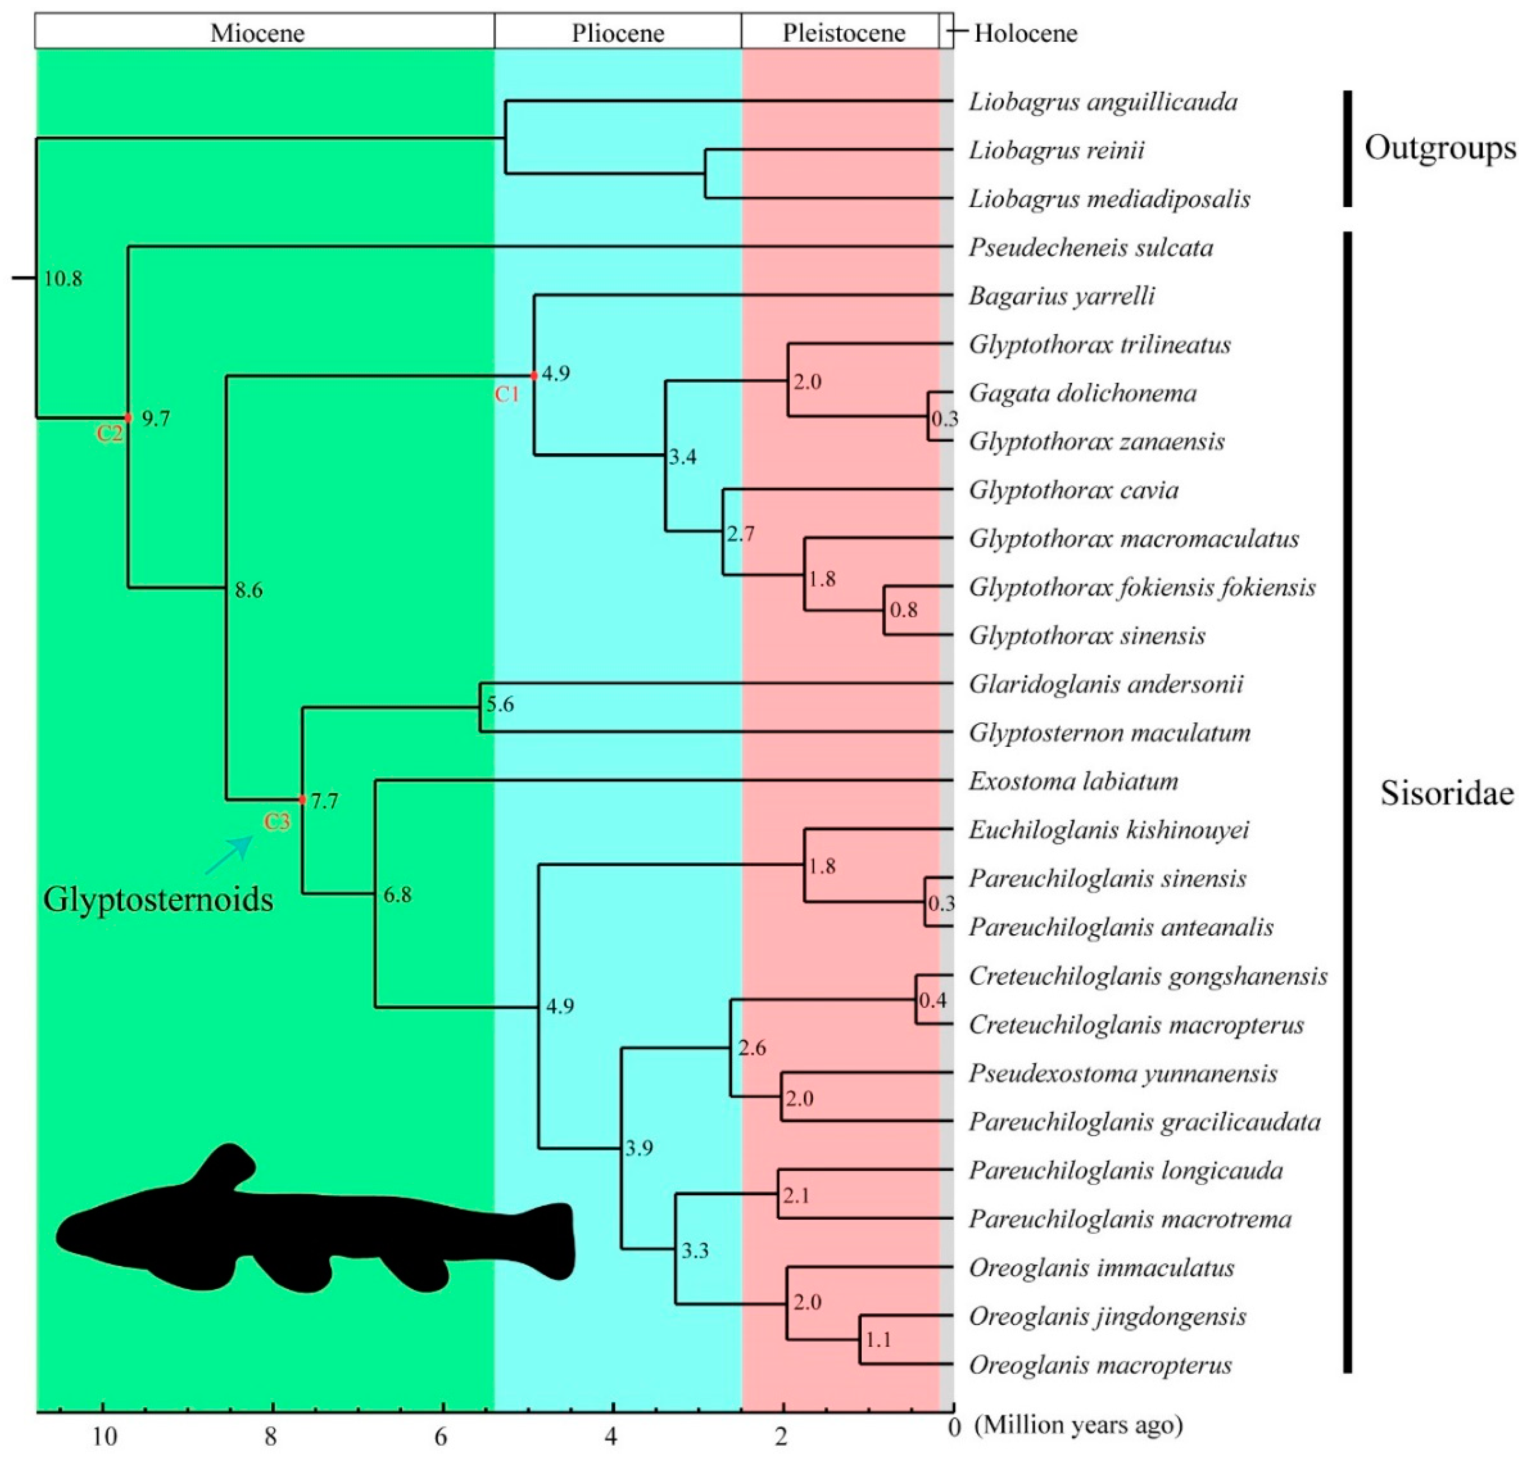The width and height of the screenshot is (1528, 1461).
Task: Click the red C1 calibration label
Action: (507, 394)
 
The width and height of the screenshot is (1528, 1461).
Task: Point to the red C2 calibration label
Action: (110, 433)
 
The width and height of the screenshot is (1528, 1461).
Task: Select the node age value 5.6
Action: (500, 704)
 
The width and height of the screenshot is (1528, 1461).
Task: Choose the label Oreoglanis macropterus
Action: (1100, 1365)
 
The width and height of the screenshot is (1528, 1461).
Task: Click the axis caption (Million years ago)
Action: (1079, 1425)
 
